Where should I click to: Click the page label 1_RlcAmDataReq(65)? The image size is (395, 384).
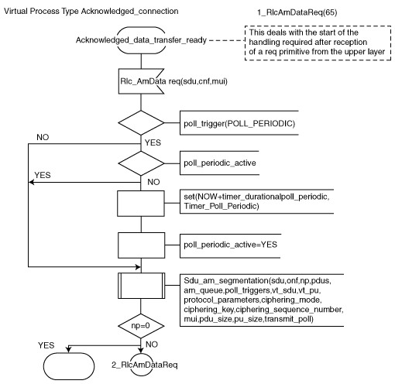(x=297, y=12)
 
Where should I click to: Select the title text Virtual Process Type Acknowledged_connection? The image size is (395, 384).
(x=91, y=12)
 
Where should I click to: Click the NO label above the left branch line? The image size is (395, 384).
(x=43, y=137)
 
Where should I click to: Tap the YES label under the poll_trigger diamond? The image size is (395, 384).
(x=153, y=142)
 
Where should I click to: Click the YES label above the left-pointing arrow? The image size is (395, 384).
(x=43, y=175)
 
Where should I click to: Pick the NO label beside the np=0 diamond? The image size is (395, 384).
(x=152, y=345)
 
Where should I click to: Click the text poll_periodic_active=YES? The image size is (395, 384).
(x=230, y=245)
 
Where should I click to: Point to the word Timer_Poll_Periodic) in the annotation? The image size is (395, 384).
(x=222, y=206)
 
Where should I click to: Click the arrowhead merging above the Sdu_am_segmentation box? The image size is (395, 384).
(x=139, y=267)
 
